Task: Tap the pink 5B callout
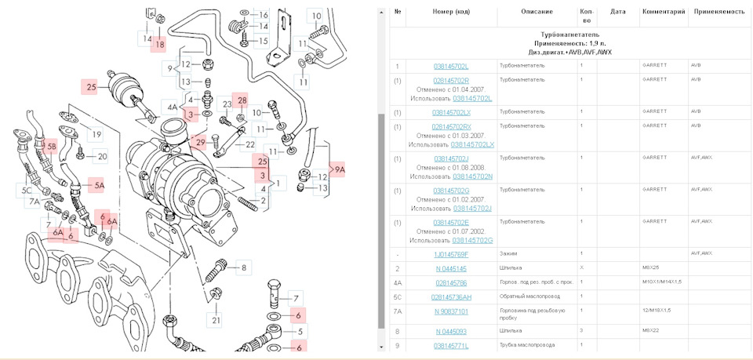click(x=52, y=146)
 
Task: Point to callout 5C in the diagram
click(x=26, y=190)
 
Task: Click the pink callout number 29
click(x=201, y=142)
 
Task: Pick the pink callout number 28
click(x=242, y=100)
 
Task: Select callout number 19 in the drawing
click(x=96, y=135)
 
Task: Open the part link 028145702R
click(x=451, y=80)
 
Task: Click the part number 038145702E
click(x=451, y=222)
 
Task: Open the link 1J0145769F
click(x=451, y=254)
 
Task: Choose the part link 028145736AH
click(x=451, y=297)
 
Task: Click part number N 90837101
click(x=451, y=311)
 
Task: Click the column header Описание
click(x=537, y=12)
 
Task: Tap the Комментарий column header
click(x=664, y=12)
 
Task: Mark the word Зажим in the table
click(x=508, y=254)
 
